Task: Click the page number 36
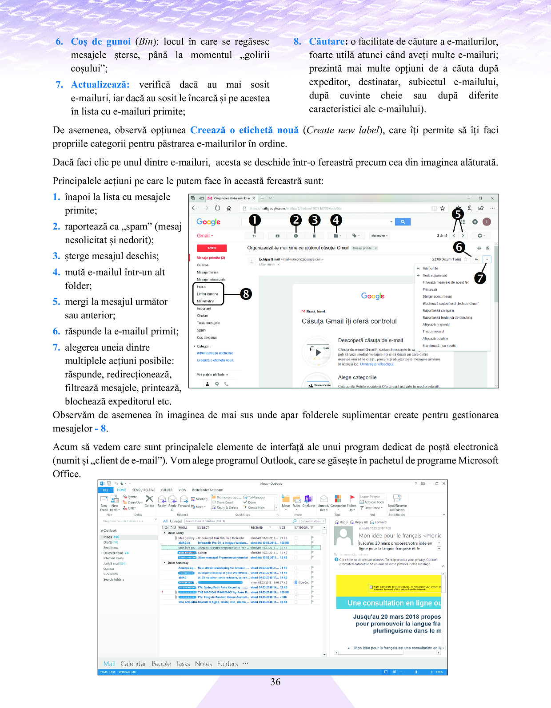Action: click(x=275, y=682)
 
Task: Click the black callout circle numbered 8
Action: click(x=246, y=294)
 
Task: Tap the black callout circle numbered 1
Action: click(x=254, y=220)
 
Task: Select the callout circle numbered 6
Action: click(x=459, y=247)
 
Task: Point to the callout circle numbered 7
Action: click(x=480, y=278)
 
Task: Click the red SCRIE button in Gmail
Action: click(x=212, y=248)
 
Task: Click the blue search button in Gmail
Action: click(x=403, y=221)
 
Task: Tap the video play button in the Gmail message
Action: click(x=318, y=352)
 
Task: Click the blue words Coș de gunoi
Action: click(x=101, y=42)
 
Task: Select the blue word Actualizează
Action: click(x=100, y=85)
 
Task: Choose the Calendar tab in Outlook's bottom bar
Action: click(x=133, y=664)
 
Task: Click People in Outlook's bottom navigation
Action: click(x=161, y=664)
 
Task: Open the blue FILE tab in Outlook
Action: click(x=106, y=490)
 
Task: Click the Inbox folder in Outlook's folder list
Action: click(x=108, y=537)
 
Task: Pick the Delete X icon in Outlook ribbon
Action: click(x=149, y=499)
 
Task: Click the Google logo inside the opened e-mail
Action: click(x=373, y=296)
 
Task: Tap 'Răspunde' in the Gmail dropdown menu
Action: click(x=430, y=269)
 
